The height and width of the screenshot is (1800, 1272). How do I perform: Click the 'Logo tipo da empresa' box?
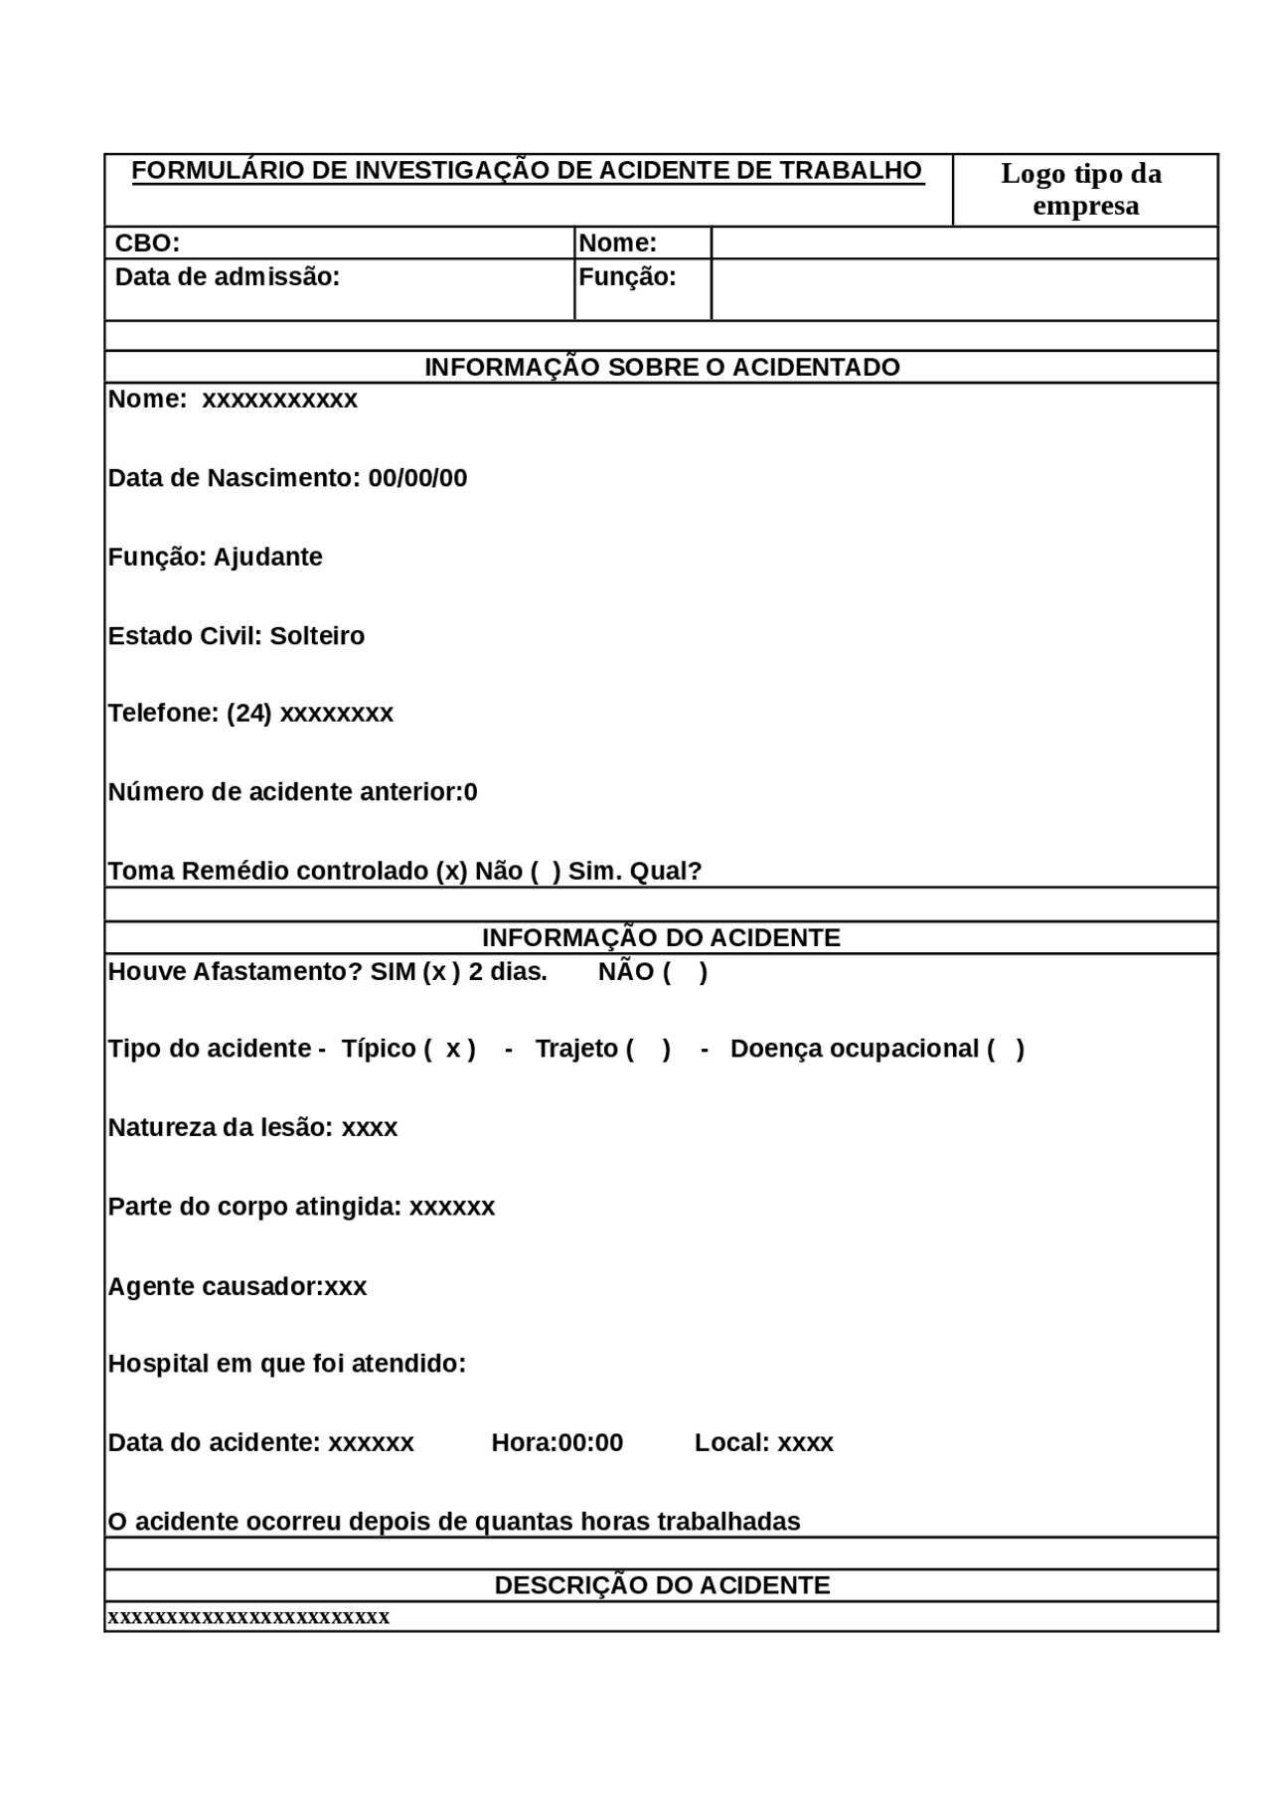point(1083,190)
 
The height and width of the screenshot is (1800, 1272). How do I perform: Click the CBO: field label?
point(147,244)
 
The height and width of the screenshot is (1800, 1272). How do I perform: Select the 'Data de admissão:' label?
point(228,277)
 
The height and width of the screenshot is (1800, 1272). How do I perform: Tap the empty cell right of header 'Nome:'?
point(964,244)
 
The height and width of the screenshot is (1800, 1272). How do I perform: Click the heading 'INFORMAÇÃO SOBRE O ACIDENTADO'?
point(662,368)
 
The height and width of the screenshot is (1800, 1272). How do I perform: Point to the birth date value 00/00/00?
point(417,479)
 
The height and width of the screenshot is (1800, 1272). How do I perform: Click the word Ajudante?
point(268,558)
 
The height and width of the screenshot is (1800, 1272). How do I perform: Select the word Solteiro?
point(317,636)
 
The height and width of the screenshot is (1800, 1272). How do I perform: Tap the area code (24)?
point(248,714)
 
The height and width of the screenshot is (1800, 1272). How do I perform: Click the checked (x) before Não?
point(451,872)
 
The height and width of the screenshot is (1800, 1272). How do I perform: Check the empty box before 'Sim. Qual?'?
point(546,872)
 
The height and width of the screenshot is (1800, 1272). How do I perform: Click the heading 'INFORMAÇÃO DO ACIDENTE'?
point(661,938)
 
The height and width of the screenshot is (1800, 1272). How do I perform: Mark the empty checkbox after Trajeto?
point(648,1050)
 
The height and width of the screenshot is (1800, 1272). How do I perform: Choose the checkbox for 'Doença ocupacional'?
point(1006,1050)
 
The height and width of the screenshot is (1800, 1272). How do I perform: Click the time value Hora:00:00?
point(557,1443)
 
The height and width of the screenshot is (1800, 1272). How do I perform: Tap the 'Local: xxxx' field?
point(763,1443)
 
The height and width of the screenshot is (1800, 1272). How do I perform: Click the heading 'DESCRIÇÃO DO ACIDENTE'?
point(662,1585)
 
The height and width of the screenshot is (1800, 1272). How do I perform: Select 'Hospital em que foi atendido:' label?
point(287,1364)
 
